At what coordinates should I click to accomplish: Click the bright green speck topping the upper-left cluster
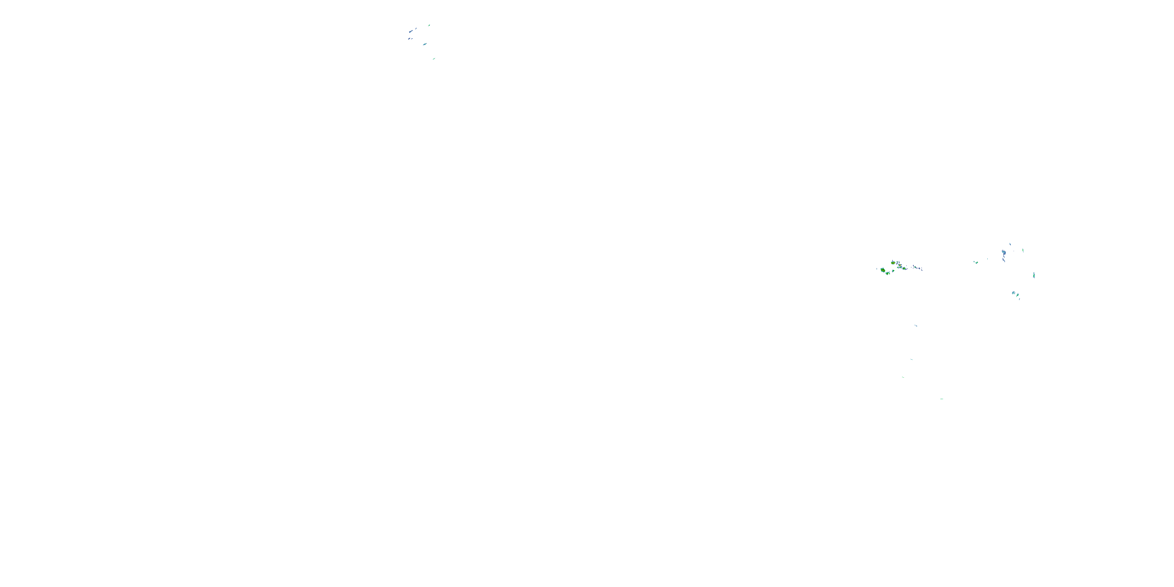click(429, 25)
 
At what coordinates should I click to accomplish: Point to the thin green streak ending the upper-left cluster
click(434, 59)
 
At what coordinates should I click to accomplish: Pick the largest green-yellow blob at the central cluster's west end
click(883, 270)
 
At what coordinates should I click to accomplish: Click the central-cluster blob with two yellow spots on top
click(893, 263)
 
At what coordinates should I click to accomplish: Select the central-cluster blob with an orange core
click(900, 265)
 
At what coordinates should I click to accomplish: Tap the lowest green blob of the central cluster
click(887, 274)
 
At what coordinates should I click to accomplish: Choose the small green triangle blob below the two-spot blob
click(893, 271)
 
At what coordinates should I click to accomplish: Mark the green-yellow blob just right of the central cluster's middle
click(904, 268)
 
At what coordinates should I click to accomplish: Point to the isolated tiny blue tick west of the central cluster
click(877, 269)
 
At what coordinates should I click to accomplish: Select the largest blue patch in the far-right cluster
click(1005, 252)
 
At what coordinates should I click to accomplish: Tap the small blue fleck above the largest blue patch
click(1010, 244)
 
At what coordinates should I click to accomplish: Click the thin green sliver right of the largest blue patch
click(1023, 250)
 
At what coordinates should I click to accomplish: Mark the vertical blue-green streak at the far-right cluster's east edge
click(1034, 275)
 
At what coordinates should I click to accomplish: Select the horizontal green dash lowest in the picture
click(942, 399)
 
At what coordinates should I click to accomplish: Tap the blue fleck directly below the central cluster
click(916, 326)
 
